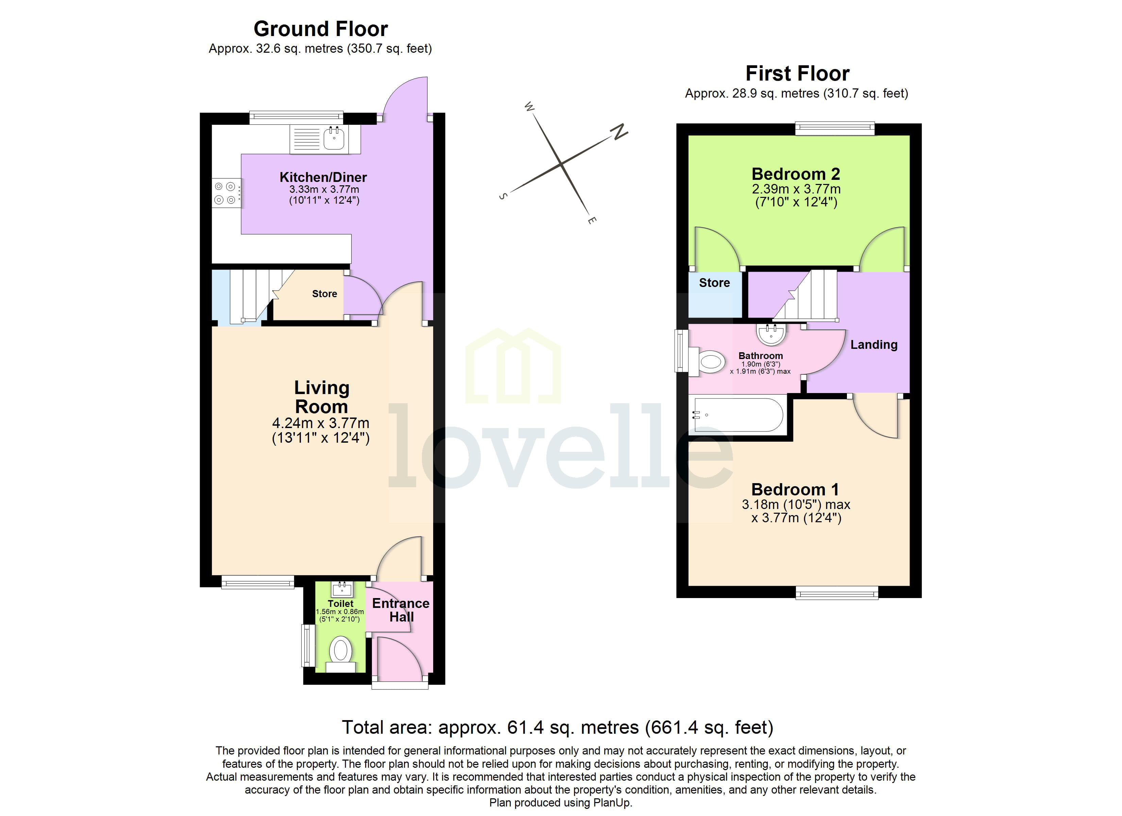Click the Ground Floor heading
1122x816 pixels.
(x=321, y=29)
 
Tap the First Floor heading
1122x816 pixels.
(x=797, y=73)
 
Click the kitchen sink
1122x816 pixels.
(x=334, y=138)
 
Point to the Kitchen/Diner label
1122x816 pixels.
(x=323, y=177)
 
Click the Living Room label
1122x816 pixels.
(x=322, y=397)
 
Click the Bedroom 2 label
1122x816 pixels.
(x=796, y=174)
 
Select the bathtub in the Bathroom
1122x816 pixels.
(x=737, y=415)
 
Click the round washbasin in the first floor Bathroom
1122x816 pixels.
(x=771, y=335)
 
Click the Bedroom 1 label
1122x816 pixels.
(x=795, y=489)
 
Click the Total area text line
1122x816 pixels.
(x=558, y=727)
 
